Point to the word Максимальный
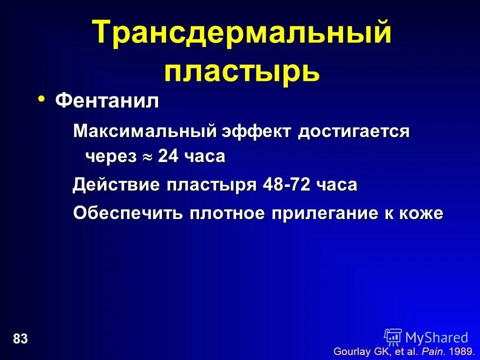tap(144, 132)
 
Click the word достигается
tap(353, 132)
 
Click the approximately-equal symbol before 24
tap(147, 157)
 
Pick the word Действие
tap(116, 185)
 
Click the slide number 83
tap(20, 339)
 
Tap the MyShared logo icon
tap(393, 337)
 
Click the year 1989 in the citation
tap(460, 351)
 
